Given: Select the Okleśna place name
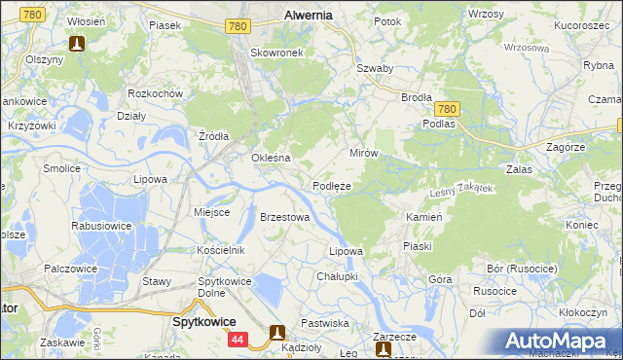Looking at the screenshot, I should pos(272,158).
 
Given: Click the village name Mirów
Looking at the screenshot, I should pos(363,154).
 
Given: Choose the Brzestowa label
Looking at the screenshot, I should pos(284,217).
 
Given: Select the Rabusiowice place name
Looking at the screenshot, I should pos(102,225).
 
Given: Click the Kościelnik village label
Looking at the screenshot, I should pos(220,251).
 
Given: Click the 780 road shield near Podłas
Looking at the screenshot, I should pos(446,110).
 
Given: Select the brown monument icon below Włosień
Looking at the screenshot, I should pos(77,43).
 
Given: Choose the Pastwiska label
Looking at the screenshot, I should pos(324,322).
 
